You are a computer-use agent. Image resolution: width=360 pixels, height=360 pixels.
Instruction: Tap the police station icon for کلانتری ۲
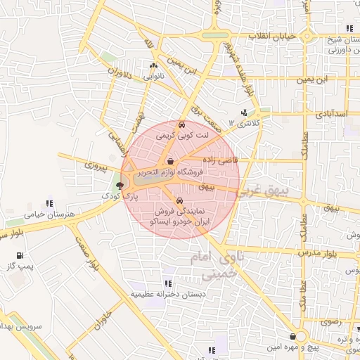244,112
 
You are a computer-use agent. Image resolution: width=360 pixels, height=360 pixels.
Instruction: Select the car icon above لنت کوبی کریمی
183,124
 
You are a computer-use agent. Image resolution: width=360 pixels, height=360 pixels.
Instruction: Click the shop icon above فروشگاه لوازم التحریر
170,162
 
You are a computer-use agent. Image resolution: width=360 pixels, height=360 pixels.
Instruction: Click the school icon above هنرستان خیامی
49,204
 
